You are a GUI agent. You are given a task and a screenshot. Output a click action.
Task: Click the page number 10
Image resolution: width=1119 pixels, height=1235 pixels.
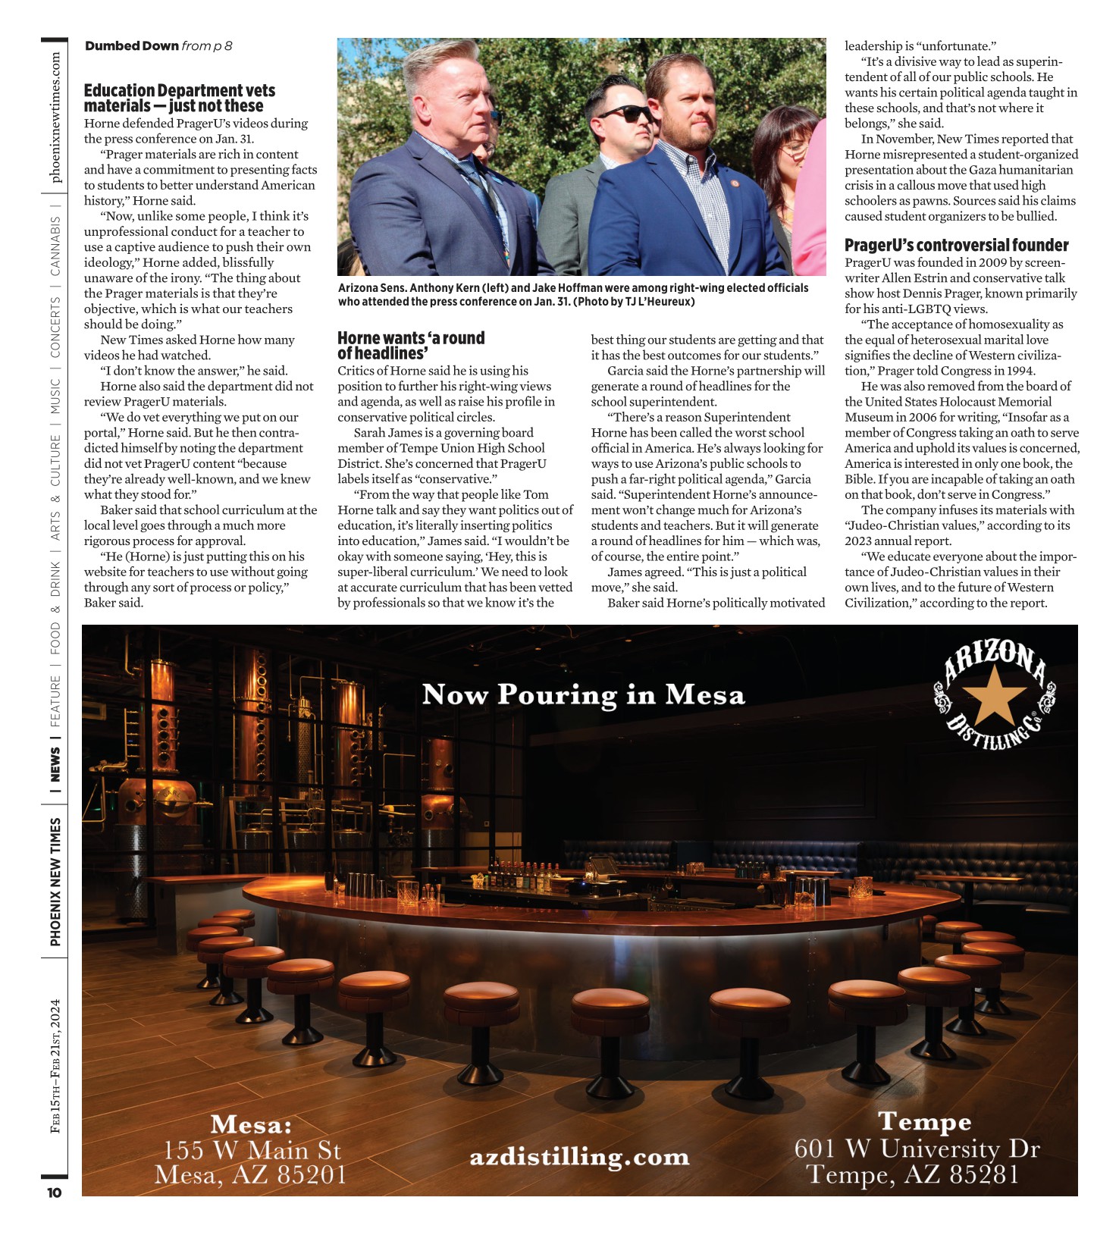tap(55, 1193)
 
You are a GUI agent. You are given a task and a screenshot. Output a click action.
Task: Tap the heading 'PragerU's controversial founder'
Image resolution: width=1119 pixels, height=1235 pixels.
tap(956, 246)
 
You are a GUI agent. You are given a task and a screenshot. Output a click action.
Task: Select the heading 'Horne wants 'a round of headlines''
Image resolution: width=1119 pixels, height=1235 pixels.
tap(410, 346)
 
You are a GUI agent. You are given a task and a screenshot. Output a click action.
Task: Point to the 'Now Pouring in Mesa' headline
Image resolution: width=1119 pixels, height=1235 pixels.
tap(583, 694)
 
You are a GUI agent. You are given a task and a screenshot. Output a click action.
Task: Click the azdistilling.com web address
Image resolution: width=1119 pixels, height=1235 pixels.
tap(579, 1157)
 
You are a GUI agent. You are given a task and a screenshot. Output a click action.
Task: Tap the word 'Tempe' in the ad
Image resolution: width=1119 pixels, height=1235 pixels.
tap(924, 1121)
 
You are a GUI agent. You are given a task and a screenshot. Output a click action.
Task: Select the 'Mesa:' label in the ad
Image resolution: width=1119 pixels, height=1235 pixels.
tap(251, 1124)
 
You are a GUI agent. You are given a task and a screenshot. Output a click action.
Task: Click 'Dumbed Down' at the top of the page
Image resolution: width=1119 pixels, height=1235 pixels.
tap(132, 46)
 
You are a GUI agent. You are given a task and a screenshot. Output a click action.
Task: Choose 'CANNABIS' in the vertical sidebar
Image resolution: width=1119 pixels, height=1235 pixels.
tap(55, 246)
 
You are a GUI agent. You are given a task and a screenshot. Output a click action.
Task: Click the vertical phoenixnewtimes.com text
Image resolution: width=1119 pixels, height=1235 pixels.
tap(55, 118)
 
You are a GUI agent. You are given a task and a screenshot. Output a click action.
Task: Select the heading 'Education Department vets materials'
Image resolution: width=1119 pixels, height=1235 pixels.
tap(179, 99)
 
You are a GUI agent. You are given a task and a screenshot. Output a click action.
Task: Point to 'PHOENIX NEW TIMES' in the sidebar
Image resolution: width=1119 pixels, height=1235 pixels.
tap(55, 881)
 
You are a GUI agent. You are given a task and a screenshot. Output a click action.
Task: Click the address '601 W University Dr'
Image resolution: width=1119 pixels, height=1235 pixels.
tap(917, 1149)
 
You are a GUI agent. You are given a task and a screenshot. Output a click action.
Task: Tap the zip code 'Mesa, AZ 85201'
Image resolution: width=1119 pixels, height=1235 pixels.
tap(250, 1175)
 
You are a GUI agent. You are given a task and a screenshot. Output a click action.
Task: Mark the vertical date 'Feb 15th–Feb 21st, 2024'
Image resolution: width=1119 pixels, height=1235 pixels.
tap(55, 1066)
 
